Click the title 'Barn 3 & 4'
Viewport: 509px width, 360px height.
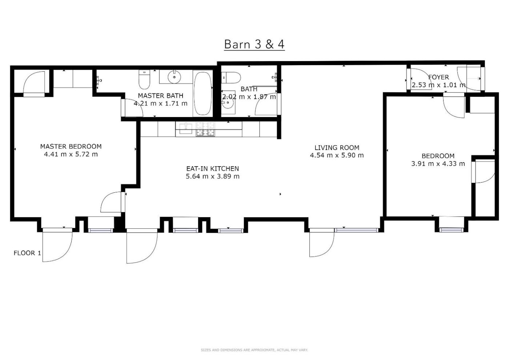pyautogui.click(x=254, y=44)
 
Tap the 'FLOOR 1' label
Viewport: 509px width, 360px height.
pyautogui.click(x=28, y=253)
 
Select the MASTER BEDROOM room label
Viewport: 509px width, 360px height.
pyautogui.click(x=71, y=147)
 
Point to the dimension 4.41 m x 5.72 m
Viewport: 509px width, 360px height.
pyautogui.click(x=71, y=154)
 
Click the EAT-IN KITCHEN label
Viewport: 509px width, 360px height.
pyautogui.click(x=212, y=169)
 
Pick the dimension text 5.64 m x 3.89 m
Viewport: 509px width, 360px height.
pyautogui.click(x=212, y=176)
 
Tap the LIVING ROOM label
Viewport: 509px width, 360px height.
pyautogui.click(x=337, y=148)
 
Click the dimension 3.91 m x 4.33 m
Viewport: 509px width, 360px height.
pyautogui.click(x=438, y=164)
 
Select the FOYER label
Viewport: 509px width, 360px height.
pyautogui.click(x=438, y=77)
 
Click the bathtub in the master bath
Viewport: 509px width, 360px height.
pyautogui.click(x=203, y=93)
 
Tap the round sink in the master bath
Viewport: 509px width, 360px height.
pyautogui.click(x=174, y=77)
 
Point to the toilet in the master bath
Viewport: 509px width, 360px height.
pyautogui.click(x=144, y=79)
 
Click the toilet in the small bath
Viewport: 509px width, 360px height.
pyautogui.click(x=231, y=78)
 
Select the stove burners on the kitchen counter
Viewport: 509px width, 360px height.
pyautogui.click(x=205, y=129)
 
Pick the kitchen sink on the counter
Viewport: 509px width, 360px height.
pyautogui.click(x=185, y=128)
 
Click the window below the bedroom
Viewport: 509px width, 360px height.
pyautogui.click(x=451, y=230)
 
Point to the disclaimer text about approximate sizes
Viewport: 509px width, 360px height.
pyautogui.click(x=254, y=350)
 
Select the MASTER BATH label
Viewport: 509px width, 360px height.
pyautogui.click(x=161, y=96)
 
